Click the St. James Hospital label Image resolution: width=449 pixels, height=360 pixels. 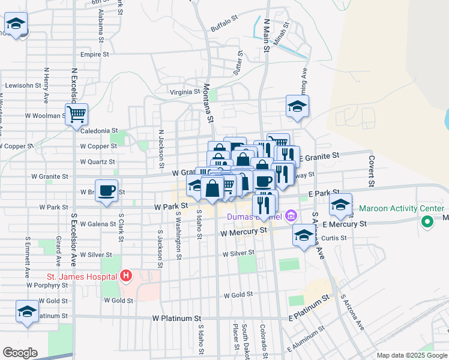click(x=82, y=277)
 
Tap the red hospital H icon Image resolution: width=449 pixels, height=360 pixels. click(x=125, y=276)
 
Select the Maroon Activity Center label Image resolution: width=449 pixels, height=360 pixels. click(x=401, y=209)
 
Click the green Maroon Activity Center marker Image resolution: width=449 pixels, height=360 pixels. click(x=427, y=223)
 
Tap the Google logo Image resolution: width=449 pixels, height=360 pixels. click(x=20, y=353)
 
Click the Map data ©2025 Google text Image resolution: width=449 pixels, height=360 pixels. click(x=411, y=355)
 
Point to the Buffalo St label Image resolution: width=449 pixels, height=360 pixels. click(x=225, y=28)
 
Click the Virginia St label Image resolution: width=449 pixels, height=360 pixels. click(x=184, y=92)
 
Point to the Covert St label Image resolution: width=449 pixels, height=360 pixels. click(x=372, y=170)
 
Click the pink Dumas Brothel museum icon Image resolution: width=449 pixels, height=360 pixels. click(x=291, y=215)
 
